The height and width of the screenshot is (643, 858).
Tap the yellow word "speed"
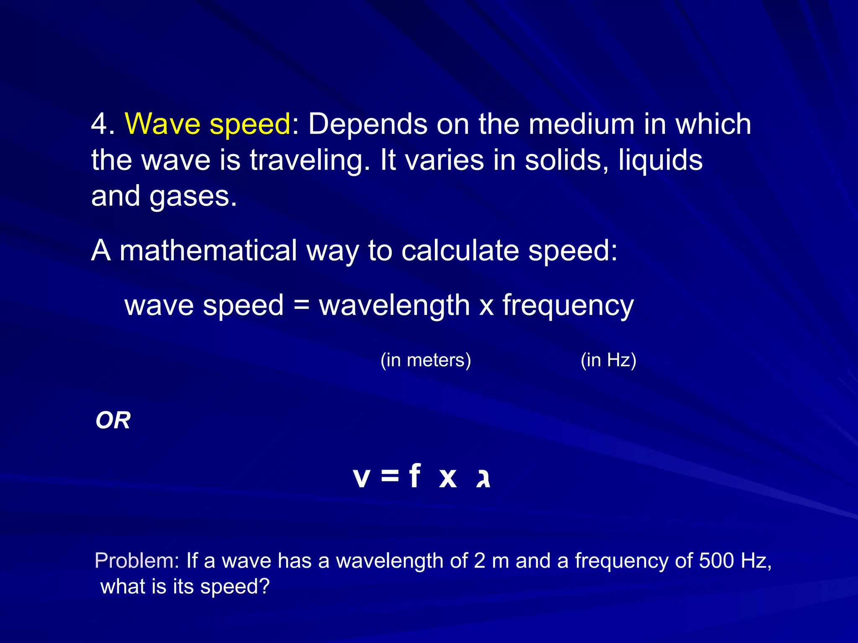[x=249, y=125]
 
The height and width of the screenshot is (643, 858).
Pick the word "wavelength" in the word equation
[x=394, y=306]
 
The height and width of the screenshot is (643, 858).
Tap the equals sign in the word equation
[x=301, y=305]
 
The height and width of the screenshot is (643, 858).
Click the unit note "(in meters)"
[x=426, y=360]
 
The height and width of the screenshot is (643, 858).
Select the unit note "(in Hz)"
[x=608, y=360]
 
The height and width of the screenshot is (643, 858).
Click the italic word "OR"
[x=113, y=420]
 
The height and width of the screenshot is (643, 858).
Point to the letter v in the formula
[x=362, y=477]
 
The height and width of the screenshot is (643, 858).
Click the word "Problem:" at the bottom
[x=137, y=561]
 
